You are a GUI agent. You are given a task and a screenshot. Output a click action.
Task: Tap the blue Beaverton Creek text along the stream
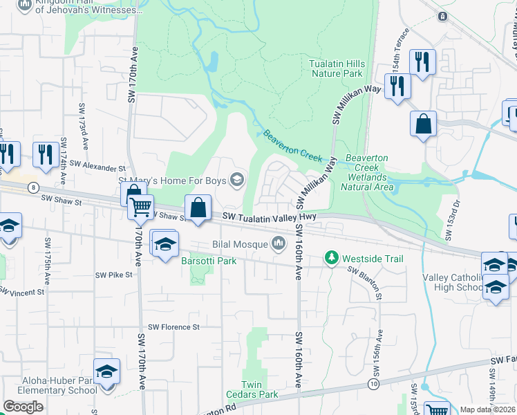[292, 145]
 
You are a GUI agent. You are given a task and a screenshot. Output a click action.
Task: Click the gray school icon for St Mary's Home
[238, 181]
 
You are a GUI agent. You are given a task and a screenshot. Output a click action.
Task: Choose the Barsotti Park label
[209, 261]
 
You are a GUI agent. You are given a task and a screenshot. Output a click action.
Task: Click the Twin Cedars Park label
[259, 389]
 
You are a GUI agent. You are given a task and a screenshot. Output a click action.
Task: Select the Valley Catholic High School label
[453, 282]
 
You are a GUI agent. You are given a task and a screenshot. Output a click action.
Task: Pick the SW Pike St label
[113, 275]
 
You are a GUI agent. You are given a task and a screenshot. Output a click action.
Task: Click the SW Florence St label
[173, 326]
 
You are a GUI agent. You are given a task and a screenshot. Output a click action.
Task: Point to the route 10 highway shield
[373, 382]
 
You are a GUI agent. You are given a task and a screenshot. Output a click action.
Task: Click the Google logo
[23, 407]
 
